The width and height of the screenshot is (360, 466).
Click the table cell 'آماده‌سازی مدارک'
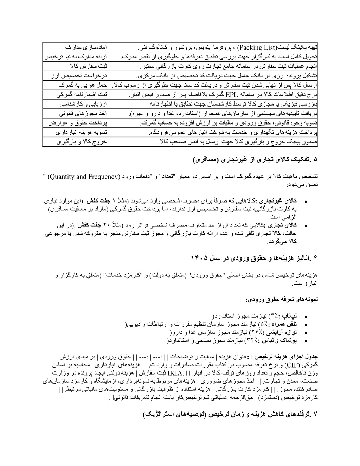(75, 47)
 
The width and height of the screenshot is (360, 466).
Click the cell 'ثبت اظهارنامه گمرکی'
(75, 95)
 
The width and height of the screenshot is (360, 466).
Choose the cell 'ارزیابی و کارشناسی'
(75, 104)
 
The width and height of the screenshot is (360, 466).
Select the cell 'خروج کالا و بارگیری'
(75, 142)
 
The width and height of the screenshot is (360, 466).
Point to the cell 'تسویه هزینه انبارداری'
(75, 133)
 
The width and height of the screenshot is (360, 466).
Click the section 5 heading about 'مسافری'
(255, 159)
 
